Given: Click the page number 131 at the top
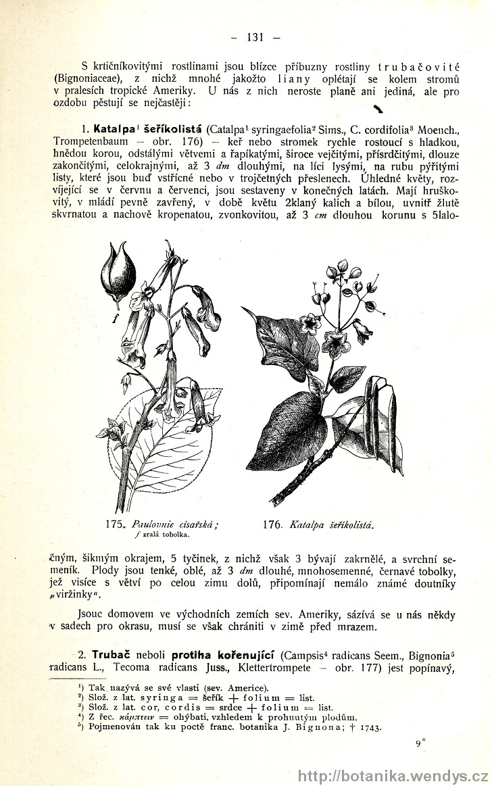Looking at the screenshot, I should click(x=254, y=37).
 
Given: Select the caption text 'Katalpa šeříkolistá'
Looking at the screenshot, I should click(x=332, y=524).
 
